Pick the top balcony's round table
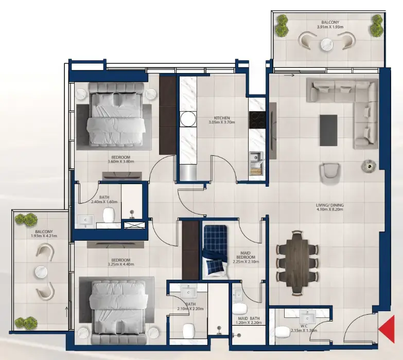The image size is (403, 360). (328, 45)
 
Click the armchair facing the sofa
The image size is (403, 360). (329, 172)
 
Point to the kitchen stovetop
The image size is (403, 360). (256, 120)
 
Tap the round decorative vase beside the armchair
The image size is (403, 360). (367, 166)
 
